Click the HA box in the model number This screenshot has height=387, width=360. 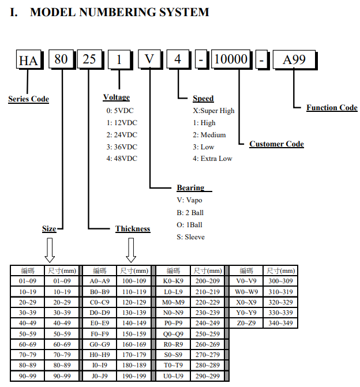tap(29, 59)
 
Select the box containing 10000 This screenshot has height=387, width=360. tap(231, 59)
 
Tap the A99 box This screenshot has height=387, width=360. tap(294, 59)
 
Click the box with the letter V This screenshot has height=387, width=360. tap(149, 59)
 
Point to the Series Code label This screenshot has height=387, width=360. tap(29, 99)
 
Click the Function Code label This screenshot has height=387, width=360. tap(332, 108)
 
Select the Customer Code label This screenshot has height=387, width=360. tap(276, 144)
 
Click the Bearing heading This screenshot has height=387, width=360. tap(190, 188)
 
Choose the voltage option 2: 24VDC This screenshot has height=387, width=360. tap(122, 135)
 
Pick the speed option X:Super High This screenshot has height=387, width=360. tap(213, 111)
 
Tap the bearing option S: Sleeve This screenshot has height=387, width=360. tap(190, 237)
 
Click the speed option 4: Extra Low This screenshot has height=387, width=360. tap(212, 159)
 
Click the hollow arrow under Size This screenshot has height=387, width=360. tap(50, 250)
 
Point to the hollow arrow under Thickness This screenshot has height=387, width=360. tap(131, 250)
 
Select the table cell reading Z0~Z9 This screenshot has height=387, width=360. tap(246, 323)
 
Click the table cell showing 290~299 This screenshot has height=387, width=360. tap(208, 376)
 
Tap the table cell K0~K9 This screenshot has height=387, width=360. tap(173, 281)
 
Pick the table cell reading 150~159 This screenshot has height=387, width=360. tap(134, 334)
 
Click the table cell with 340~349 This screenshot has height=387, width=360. tap(280, 323)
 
